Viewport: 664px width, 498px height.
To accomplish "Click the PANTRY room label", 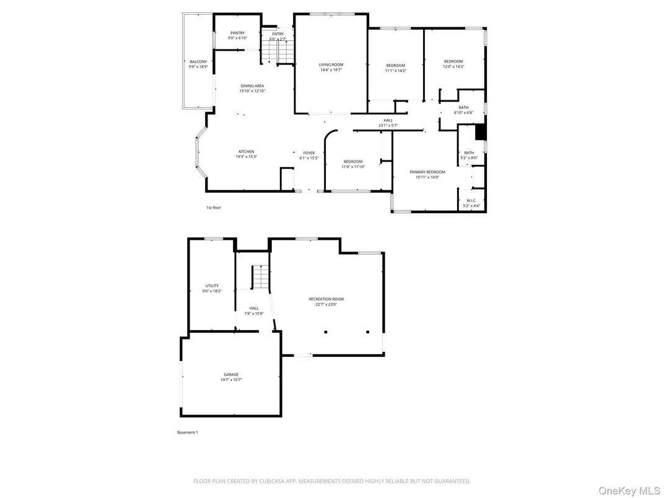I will coord(237,33).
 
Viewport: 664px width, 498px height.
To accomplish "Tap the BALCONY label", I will coord(198,61).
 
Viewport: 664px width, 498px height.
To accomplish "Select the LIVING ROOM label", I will coord(331,64).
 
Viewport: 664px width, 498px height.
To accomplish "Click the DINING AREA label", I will coord(252,86).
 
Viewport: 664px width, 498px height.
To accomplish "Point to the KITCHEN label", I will coord(246,152).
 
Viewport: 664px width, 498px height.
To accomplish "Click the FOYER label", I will coord(308,153).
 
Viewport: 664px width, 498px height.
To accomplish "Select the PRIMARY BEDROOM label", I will coord(427,172).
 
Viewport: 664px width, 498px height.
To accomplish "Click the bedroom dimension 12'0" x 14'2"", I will coord(453,66).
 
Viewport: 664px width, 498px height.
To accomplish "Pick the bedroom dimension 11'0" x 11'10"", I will coord(353,167).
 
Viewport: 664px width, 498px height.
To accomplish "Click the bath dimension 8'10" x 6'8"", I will coord(463,113).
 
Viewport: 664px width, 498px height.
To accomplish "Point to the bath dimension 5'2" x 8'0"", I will coord(469,158).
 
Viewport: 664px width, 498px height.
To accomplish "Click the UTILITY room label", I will coord(212,286).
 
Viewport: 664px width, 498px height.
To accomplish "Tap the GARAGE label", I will coord(231,374).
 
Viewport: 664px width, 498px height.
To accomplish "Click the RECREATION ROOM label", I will coord(326,299).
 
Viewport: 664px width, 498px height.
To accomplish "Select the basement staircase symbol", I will coord(261,277).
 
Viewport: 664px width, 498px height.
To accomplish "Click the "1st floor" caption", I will coord(213,207).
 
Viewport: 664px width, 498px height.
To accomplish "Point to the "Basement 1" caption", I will coord(187,432).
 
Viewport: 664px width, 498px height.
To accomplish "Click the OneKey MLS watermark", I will coord(629,490).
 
